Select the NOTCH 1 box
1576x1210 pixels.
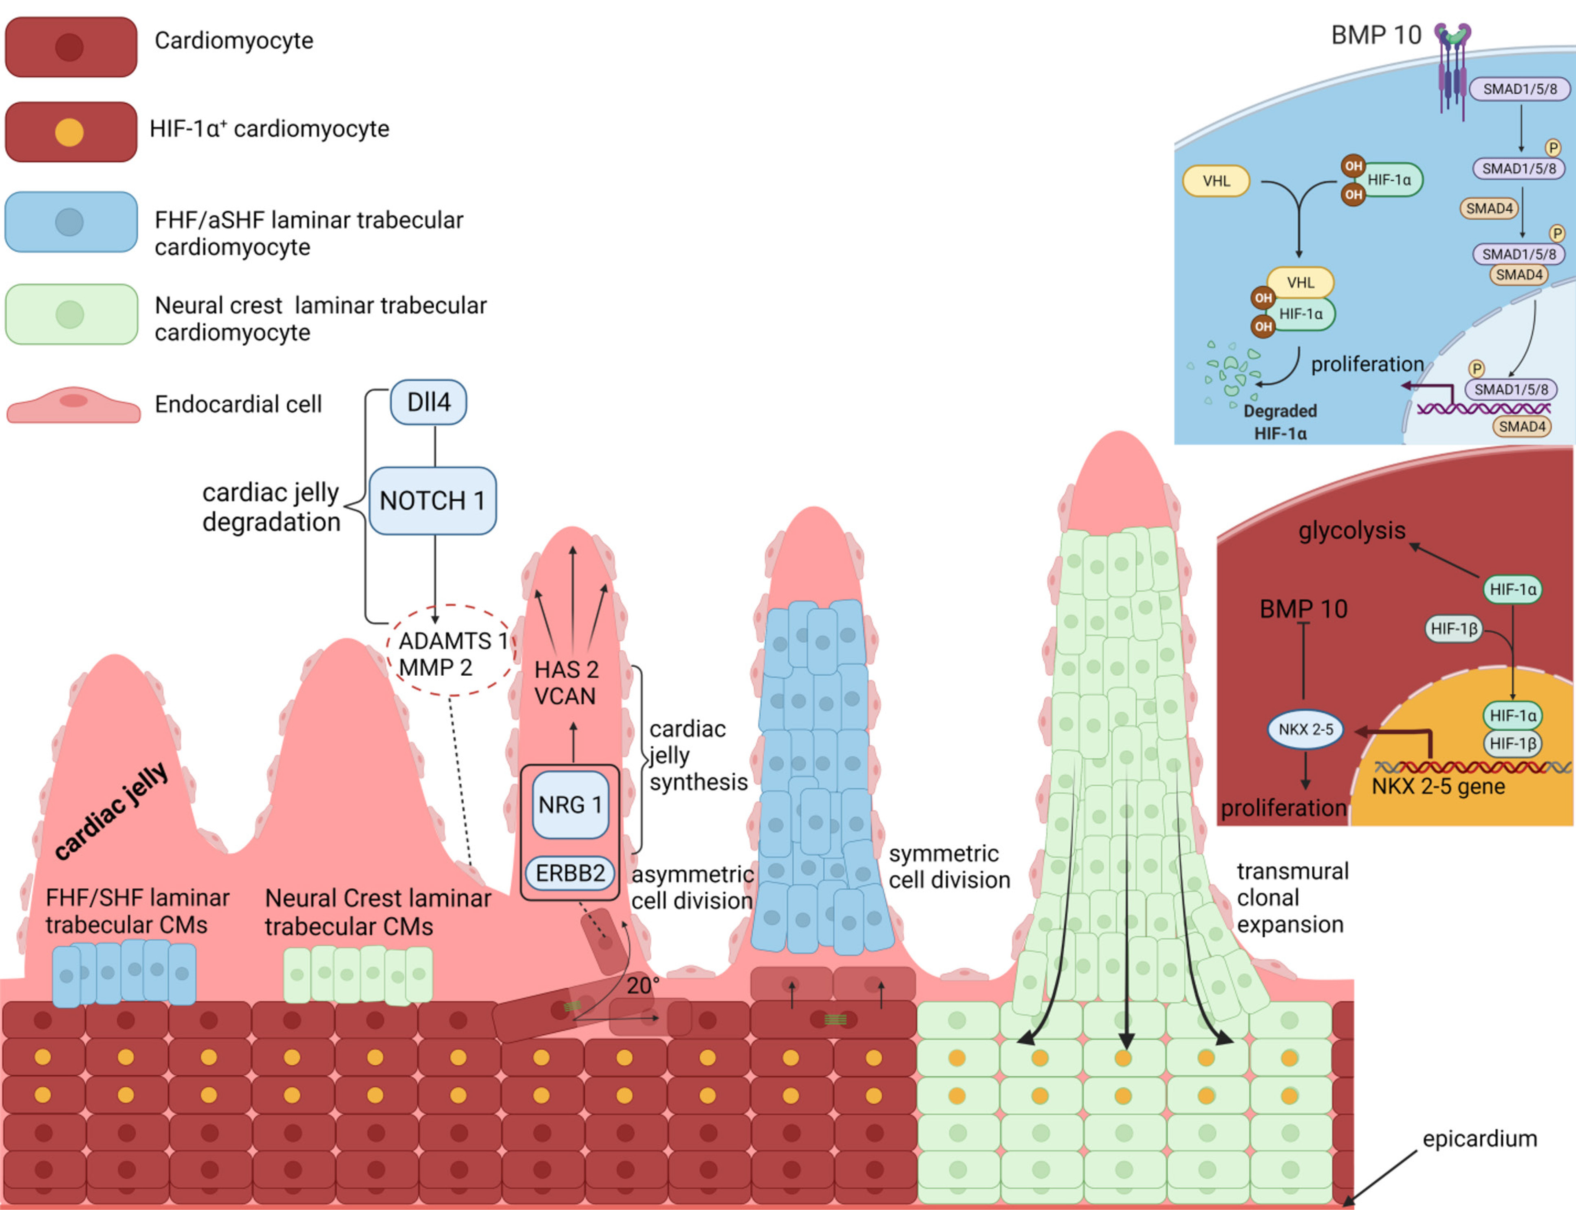[432, 500]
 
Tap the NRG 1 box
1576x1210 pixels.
[570, 804]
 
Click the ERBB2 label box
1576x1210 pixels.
[570, 873]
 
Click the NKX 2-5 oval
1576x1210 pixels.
[1305, 730]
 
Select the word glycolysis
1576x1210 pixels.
[1351, 531]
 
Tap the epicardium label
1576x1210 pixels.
[1479, 1139]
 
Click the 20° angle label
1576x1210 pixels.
[642, 985]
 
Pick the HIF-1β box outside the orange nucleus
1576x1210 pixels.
[1454, 629]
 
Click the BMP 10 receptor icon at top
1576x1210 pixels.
[1452, 68]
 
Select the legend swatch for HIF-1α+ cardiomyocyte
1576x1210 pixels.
[71, 132]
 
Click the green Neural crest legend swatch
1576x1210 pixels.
[71, 315]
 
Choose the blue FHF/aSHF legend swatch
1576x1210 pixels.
[71, 222]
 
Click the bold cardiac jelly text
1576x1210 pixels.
[112, 810]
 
